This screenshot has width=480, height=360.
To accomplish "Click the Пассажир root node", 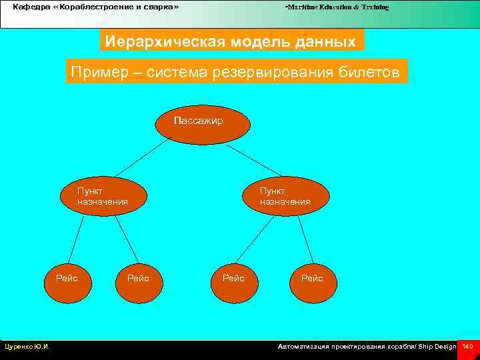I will coord(203,124).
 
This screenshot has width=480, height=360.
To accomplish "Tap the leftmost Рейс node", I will coord(67,278).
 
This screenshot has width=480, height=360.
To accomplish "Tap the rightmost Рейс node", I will coord(312,278).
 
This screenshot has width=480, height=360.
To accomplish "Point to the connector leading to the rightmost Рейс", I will coord(305,238).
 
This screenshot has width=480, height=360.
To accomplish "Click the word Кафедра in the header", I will coord(31,7).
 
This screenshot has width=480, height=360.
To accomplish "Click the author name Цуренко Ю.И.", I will coord(27,347).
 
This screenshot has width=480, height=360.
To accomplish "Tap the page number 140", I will coord(467,347).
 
